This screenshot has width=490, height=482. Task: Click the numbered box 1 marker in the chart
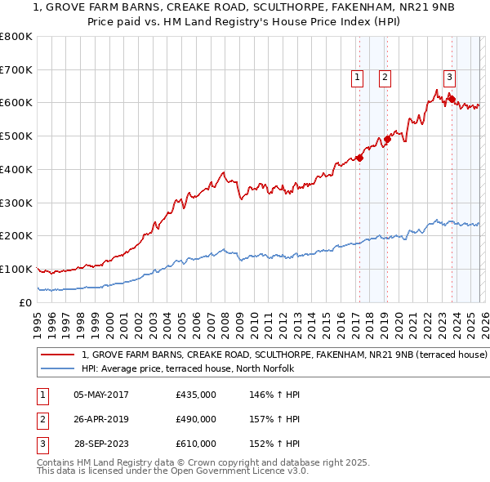(x=358, y=78)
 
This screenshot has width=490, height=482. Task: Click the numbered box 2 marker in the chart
(x=385, y=78)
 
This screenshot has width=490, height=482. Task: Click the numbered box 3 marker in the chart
(x=449, y=78)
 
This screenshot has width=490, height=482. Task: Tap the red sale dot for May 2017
(x=359, y=158)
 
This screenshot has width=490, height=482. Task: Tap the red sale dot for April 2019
(x=388, y=139)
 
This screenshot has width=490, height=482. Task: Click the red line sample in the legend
(x=57, y=355)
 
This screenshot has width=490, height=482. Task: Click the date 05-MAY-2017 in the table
(x=101, y=395)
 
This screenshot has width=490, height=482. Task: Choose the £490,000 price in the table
(x=196, y=419)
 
